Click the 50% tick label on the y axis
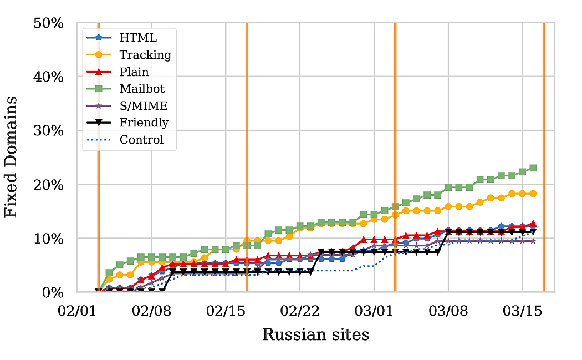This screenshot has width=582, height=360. pos(49,23)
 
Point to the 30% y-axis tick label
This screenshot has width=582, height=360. pos(49,131)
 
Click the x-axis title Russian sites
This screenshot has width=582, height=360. pos(315,334)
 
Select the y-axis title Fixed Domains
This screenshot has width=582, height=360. pos(12,157)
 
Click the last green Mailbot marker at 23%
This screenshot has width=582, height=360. pos(533,168)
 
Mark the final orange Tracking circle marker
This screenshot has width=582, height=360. pos(533,194)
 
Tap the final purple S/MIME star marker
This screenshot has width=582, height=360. pos(533,241)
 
